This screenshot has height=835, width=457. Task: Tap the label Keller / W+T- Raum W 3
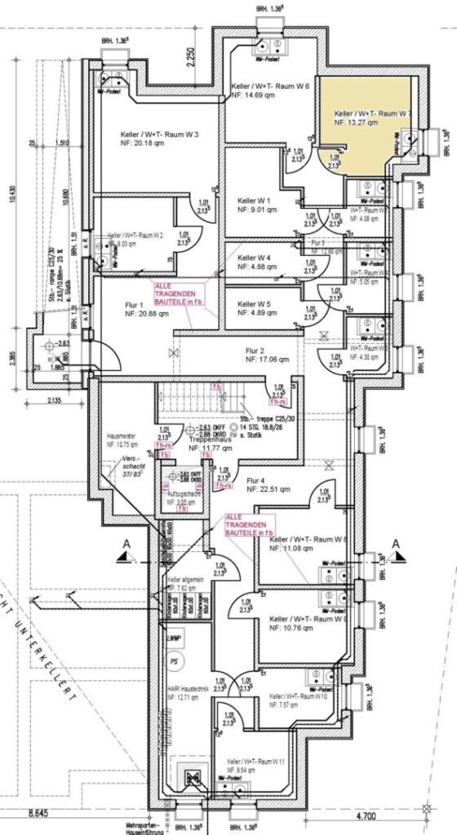click(147, 135)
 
